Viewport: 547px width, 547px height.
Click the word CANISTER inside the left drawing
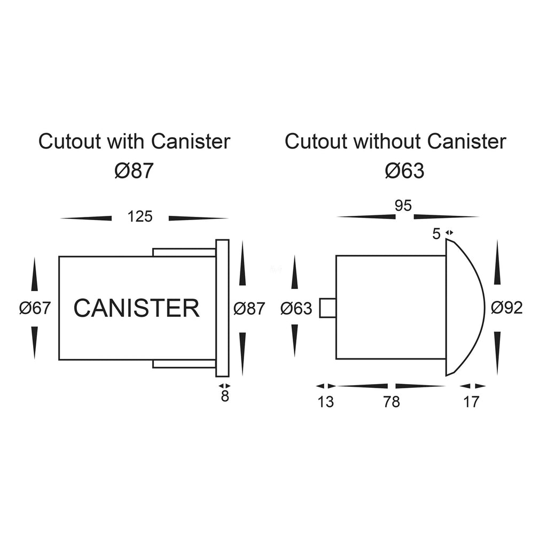136,308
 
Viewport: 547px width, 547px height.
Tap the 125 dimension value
140,216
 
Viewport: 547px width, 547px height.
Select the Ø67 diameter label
35,308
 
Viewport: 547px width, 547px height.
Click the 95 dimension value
403,206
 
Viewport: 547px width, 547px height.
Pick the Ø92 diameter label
507,308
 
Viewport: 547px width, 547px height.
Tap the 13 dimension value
325,402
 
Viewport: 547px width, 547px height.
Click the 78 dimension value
392,402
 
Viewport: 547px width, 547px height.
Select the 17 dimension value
471,402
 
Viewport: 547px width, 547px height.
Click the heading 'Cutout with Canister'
134,142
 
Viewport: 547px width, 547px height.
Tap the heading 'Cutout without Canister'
395,142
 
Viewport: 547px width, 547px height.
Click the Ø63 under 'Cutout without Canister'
404,171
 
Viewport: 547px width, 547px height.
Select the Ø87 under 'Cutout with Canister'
134,171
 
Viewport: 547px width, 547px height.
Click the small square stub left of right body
327,308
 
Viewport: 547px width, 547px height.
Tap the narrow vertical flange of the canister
222,308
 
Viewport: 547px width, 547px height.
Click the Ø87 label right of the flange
249,308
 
